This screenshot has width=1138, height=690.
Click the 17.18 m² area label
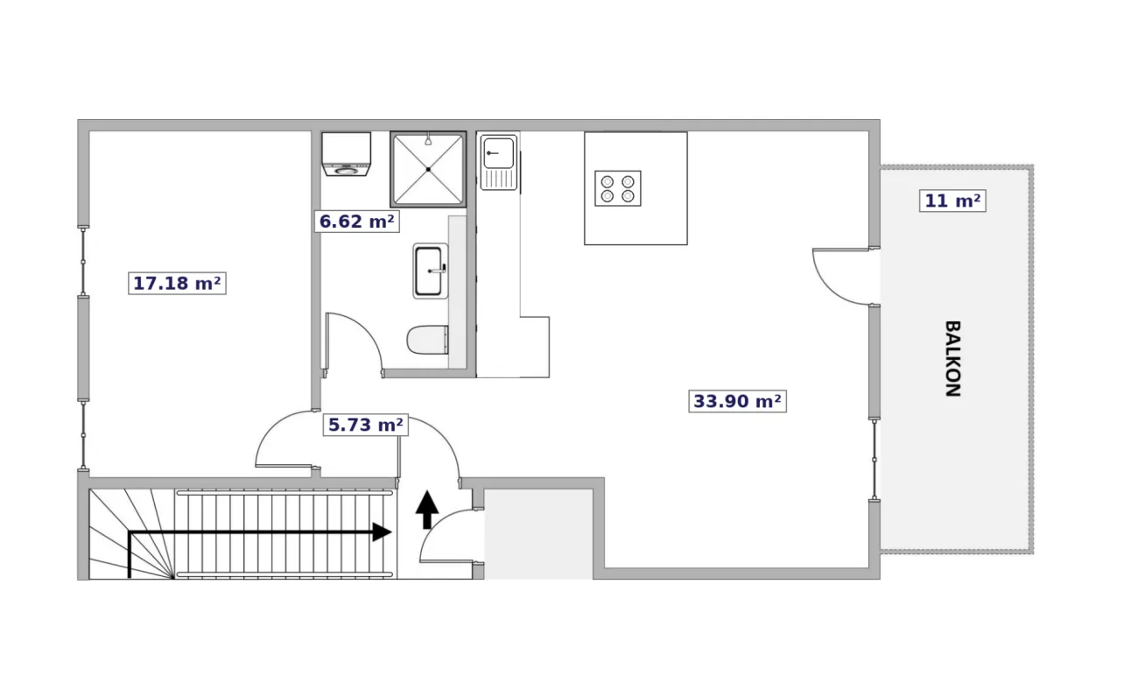(177, 283)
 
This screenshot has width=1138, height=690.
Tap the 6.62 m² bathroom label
(356, 222)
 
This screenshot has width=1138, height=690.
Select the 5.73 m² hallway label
(365, 425)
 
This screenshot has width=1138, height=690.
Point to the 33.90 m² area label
(737, 401)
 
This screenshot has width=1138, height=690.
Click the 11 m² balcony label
(952, 201)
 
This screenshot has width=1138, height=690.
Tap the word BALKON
(952, 358)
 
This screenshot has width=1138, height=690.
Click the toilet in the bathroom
(428, 340)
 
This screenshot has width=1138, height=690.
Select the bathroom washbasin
(431, 271)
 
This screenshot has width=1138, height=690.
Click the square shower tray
(428, 169)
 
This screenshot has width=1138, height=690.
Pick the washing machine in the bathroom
(347, 154)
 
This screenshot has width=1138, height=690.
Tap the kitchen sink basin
(498, 152)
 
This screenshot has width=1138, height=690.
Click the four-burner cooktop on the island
(618, 188)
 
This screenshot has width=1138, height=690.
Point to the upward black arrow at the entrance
(427, 510)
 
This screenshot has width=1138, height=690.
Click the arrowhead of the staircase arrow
(382, 532)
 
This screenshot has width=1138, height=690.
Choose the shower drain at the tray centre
(428, 169)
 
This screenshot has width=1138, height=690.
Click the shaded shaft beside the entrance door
(538, 534)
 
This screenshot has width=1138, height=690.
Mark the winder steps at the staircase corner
(132, 534)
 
